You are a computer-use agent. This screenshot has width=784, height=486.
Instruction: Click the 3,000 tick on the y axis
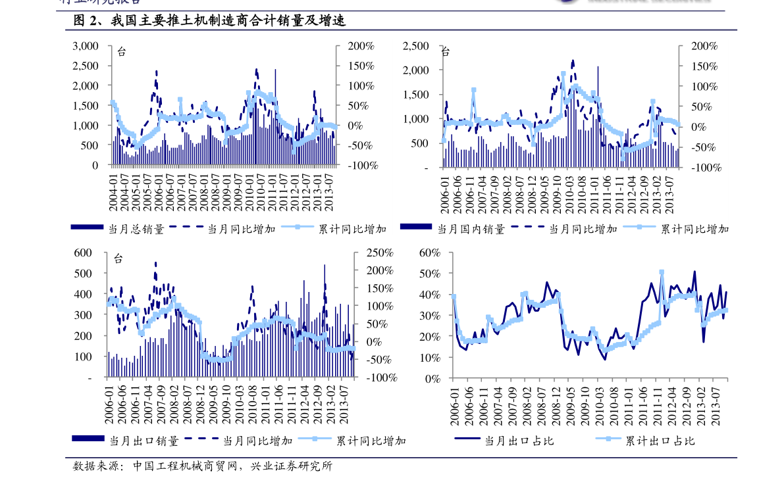pos(86,46)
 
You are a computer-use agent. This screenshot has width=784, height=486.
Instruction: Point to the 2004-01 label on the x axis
pos(113,191)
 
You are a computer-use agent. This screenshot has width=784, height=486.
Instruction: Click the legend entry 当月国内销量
pos(471,229)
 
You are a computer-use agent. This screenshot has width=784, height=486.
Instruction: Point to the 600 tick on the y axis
pos(84,253)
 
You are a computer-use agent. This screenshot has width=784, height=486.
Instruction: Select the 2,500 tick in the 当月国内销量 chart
pos(415,46)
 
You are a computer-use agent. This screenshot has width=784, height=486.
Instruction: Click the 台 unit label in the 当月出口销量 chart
pos(118,258)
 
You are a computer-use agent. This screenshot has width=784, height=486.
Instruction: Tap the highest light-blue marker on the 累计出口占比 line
pos(661,272)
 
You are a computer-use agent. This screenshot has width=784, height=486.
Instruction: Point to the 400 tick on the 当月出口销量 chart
pos(84,295)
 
